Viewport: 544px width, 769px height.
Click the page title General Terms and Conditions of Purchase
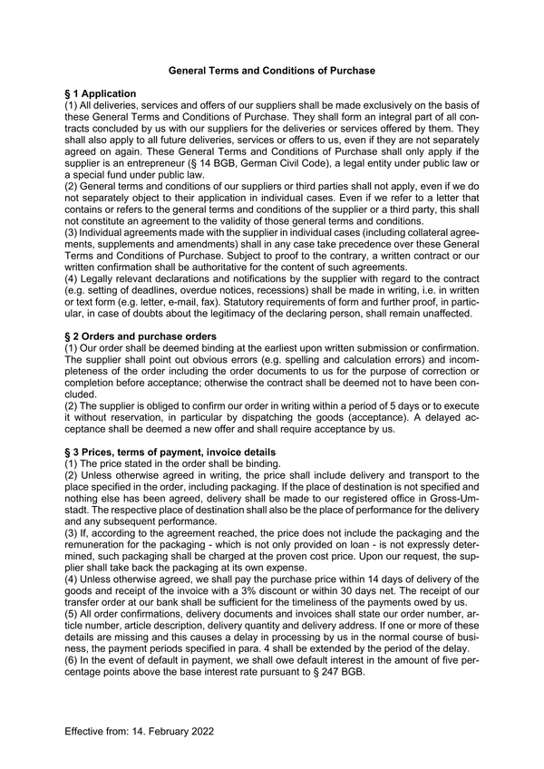(272, 70)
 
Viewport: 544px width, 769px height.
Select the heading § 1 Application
(100, 94)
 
